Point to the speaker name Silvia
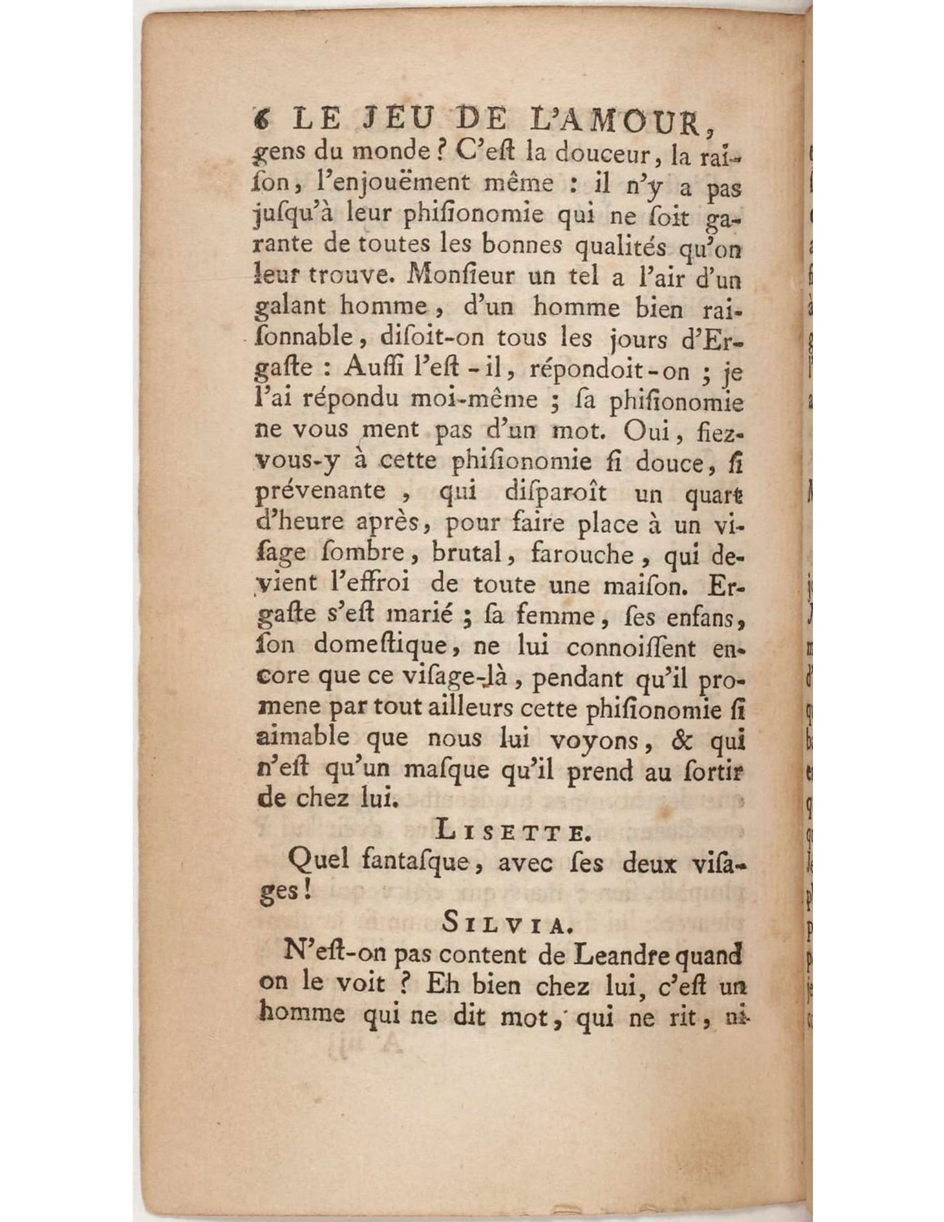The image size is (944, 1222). click(x=504, y=925)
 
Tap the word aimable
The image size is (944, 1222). click(x=303, y=740)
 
